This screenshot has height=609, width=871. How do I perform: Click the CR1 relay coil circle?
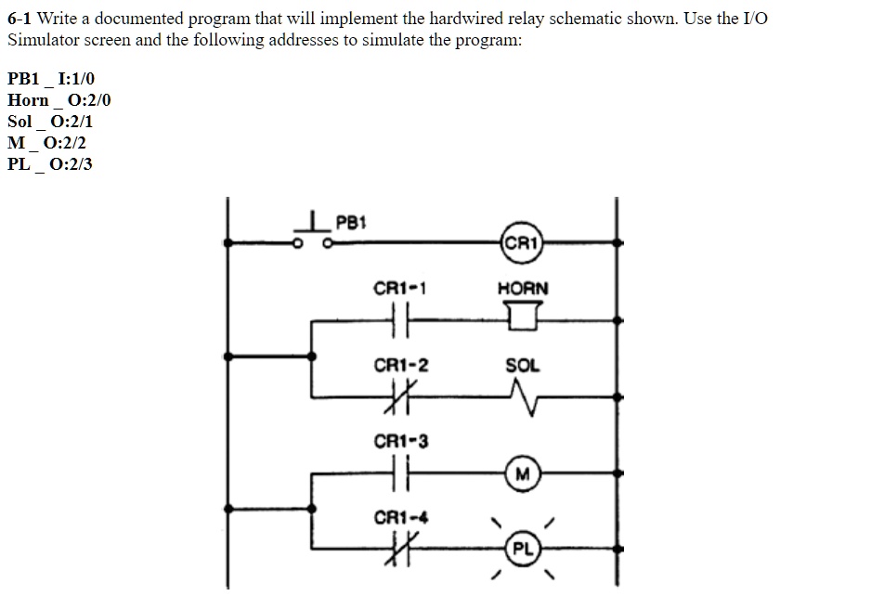pyautogui.click(x=521, y=243)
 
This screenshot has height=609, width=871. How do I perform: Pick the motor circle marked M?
pyautogui.click(x=523, y=474)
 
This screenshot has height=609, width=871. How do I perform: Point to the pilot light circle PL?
pyautogui.click(x=523, y=549)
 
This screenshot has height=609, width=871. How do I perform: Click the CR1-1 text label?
pyautogui.click(x=400, y=289)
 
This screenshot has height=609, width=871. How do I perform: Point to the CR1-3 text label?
pyautogui.click(x=400, y=442)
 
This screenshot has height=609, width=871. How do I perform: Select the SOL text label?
pyautogui.click(x=522, y=366)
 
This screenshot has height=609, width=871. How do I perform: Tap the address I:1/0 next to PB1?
pyautogui.click(x=75, y=79)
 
